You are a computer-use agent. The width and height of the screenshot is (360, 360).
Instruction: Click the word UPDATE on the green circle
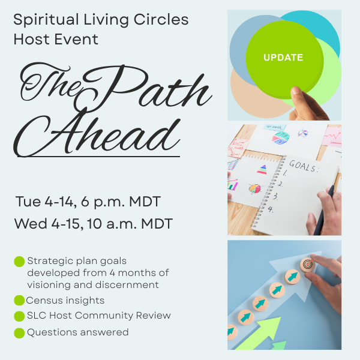pyautogui.click(x=283, y=58)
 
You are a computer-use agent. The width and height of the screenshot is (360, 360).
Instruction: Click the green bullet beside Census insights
pyautogui.click(x=19, y=300)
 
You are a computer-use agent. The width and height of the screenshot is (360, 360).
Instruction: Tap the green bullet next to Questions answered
pyautogui.click(x=19, y=332)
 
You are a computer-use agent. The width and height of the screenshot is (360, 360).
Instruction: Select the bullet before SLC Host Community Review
pyautogui.click(x=19, y=316)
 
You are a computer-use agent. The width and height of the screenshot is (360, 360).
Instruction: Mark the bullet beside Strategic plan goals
pyautogui.click(x=19, y=262)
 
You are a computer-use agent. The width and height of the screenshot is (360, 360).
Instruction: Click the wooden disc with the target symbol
pyautogui.click(x=307, y=264)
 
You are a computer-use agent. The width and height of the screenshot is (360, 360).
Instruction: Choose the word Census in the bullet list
pyautogui.click(x=43, y=300)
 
